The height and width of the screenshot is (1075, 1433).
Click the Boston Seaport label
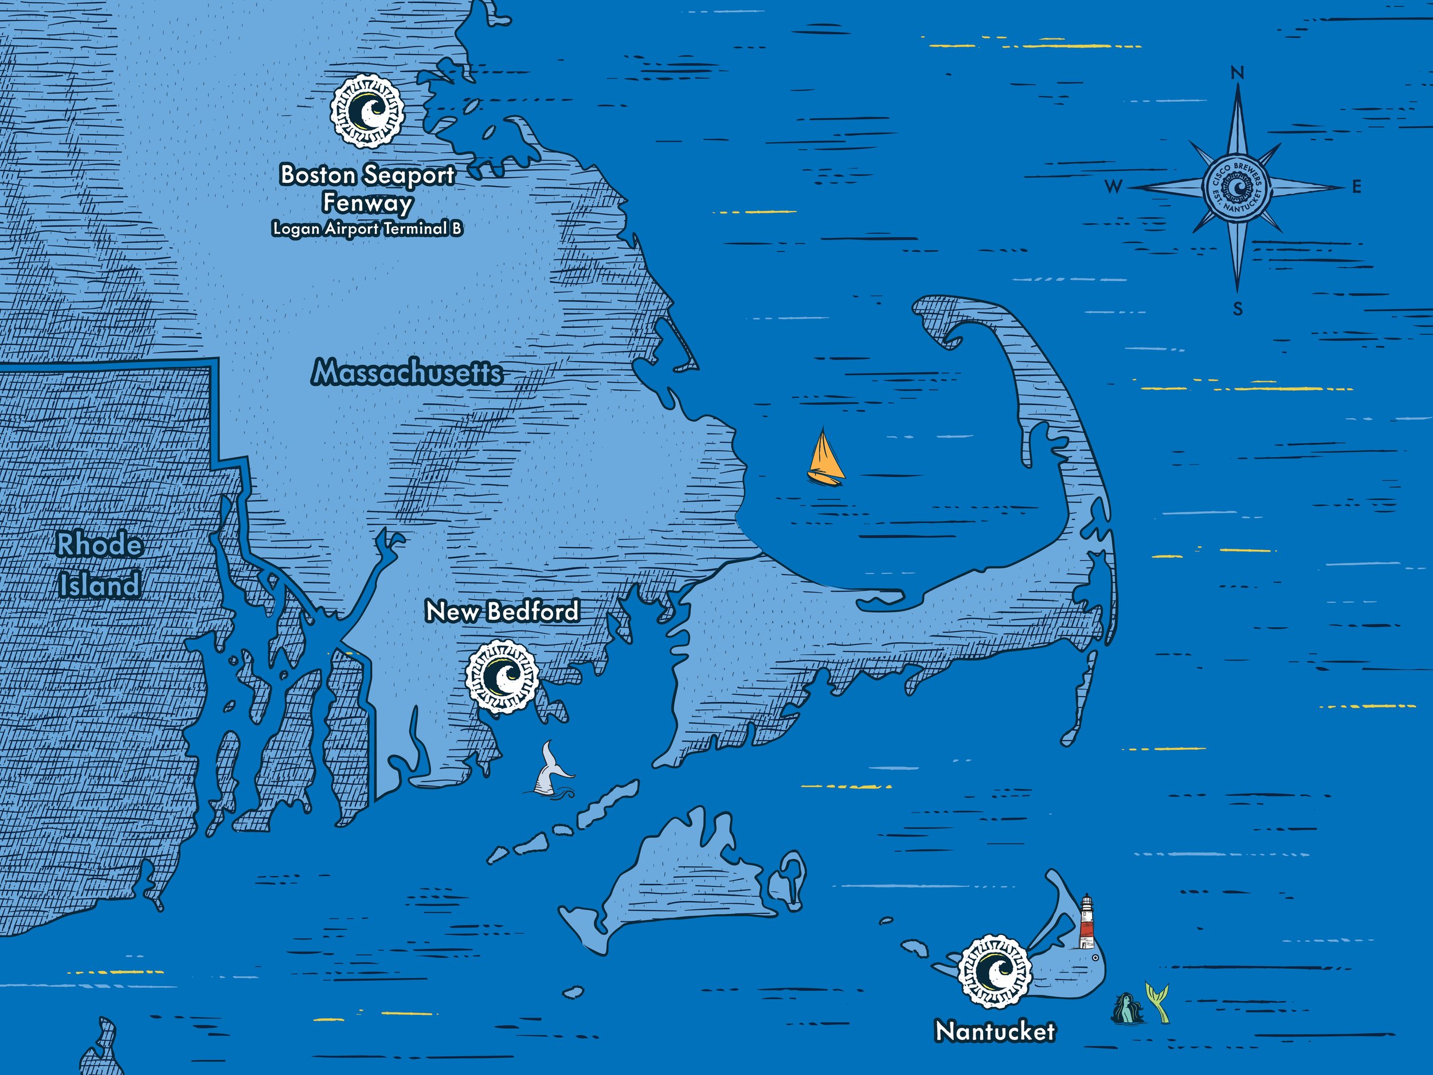367,175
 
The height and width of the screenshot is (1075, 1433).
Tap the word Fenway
367,203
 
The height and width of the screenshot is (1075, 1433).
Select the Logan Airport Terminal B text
367,229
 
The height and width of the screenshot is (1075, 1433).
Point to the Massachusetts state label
407,373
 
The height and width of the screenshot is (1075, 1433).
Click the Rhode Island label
99,565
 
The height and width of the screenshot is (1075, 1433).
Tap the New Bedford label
502,611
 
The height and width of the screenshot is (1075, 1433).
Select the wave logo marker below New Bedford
503,676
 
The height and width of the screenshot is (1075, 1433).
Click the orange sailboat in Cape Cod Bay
825,459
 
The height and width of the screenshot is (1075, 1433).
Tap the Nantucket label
995,1031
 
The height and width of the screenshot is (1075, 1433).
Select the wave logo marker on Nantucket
995,971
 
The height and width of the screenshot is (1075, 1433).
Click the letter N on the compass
1238,74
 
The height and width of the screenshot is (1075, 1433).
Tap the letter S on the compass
1238,310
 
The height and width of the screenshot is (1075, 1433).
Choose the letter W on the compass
1113,187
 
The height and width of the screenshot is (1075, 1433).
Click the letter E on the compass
1357,187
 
